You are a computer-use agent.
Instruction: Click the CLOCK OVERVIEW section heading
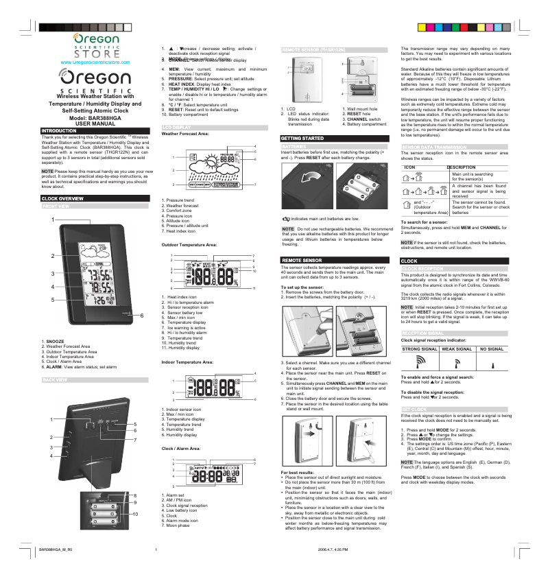coord(63,198)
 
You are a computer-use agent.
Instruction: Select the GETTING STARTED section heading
coord(302,139)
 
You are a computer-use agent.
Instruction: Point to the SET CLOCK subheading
coord(414,408)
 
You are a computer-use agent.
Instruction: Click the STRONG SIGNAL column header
coord(420,349)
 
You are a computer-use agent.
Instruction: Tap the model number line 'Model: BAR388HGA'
coord(93,117)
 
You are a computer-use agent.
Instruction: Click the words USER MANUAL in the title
coord(93,123)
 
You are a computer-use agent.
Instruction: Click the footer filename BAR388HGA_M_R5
coord(55,549)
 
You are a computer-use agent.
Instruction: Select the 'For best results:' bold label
coord(298,472)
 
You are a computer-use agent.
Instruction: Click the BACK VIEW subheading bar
coord(56,379)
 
